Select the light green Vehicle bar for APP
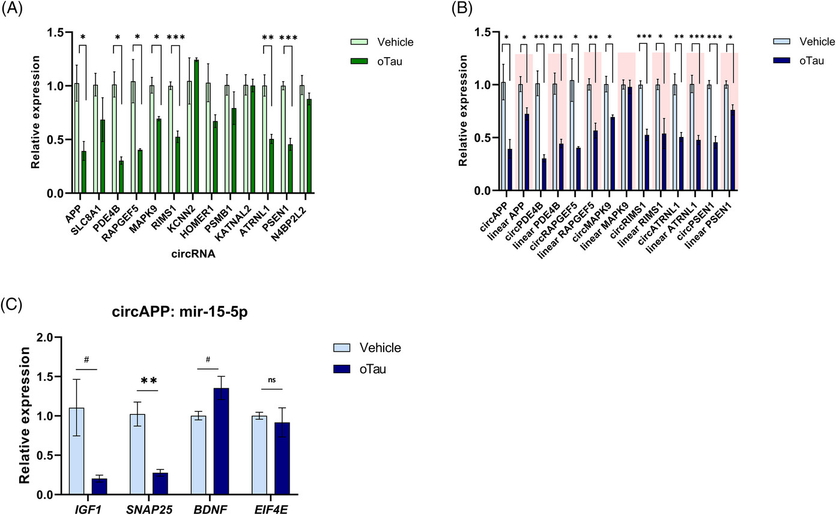[76, 138]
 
